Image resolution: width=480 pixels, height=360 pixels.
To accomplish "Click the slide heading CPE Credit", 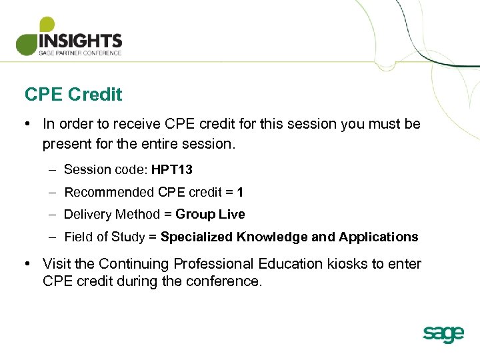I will [73, 95].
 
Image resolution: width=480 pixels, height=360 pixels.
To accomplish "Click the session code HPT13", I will [172, 169].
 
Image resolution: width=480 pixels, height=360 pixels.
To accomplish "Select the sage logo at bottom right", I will [443, 333].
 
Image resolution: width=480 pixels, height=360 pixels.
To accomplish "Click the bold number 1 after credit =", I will [240, 192].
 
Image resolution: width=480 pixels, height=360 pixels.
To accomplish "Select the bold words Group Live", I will [210, 214].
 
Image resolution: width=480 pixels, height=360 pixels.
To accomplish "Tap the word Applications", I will [378, 237].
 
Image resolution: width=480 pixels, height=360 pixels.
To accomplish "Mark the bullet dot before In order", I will [29, 124].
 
